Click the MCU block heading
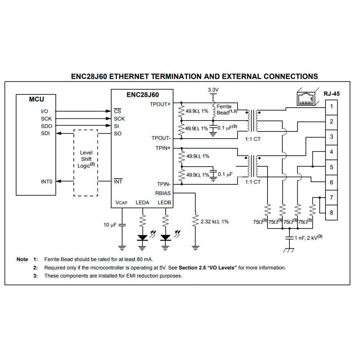click(x=36, y=99)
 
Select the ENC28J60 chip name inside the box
click(x=143, y=95)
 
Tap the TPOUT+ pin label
click(x=160, y=104)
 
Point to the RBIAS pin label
click(x=163, y=193)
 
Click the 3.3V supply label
click(x=213, y=89)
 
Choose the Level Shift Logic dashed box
click(x=86, y=163)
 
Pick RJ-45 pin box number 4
click(x=331, y=152)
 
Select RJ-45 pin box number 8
click(x=331, y=212)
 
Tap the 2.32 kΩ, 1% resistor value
click(x=215, y=221)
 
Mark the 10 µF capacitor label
click(x=110, y=225)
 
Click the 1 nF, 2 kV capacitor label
click(x=309, y=238)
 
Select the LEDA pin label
click(x=142, y=203)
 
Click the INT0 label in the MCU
click(x=47, y=181)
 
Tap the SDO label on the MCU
click(x=46, y=126)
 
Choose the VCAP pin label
click(x=121, y=203)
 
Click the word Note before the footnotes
click(x=22, y=259)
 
